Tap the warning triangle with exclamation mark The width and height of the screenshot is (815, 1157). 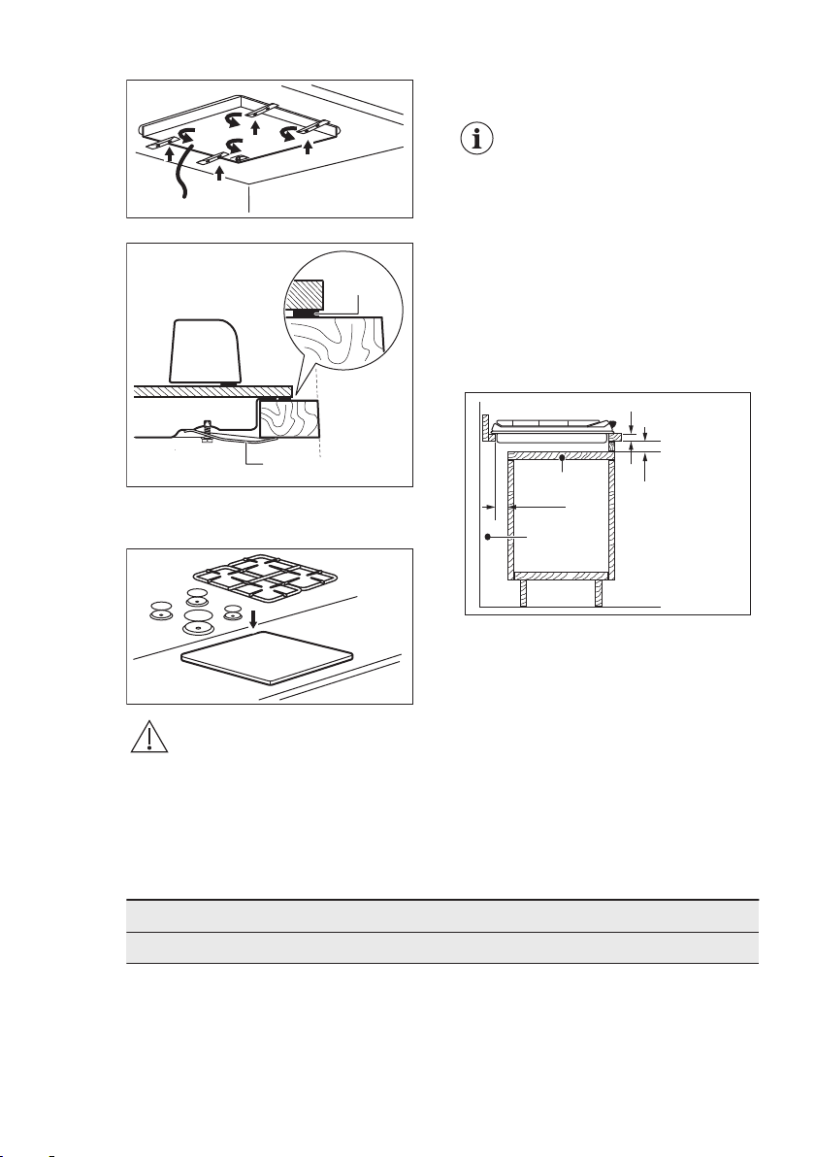(148, 741)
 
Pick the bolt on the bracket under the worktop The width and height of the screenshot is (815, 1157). (208, 426)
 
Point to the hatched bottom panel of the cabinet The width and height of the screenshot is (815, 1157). (563, 575)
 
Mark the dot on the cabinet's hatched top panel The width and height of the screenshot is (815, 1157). (563, 456)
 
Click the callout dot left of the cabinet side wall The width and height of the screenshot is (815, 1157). (486, 537)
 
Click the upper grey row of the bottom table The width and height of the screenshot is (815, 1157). (441, 916)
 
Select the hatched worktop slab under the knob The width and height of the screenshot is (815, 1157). (213, 390)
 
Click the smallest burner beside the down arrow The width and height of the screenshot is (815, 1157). (233, 611)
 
